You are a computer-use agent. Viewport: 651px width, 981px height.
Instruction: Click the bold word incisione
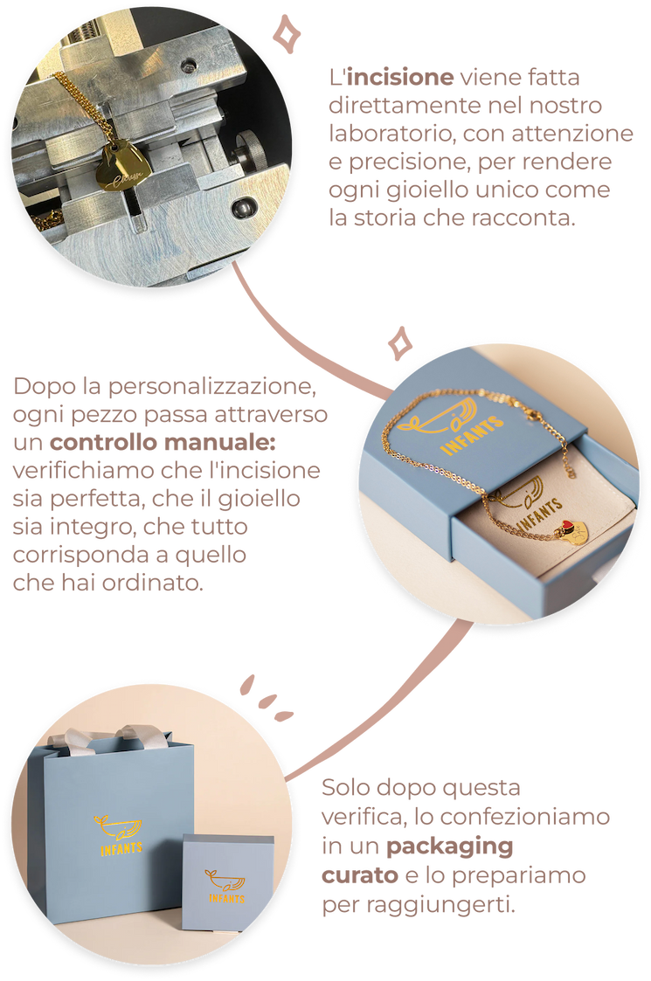[x=400, y=77]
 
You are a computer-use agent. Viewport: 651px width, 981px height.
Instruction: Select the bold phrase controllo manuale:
[x=163, y=442]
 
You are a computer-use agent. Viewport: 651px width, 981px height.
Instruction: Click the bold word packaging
[x=449, y=846]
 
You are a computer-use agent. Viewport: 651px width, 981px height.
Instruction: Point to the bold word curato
[x=360, y=875]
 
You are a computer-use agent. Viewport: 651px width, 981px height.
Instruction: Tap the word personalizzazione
[x=211, y=387]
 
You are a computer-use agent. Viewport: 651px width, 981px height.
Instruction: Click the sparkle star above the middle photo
[x=399, y=343]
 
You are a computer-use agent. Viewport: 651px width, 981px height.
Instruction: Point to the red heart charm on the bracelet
[x=566, y=526]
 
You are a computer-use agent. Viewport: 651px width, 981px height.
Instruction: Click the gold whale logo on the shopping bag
[x=118, y=828]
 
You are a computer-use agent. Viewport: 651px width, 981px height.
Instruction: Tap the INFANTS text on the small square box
[x=226, y=898]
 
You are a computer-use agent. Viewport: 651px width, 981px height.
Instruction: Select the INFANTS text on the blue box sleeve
[x=471, y=434]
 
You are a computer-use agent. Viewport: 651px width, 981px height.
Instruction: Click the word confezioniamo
[x=524, y=817]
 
